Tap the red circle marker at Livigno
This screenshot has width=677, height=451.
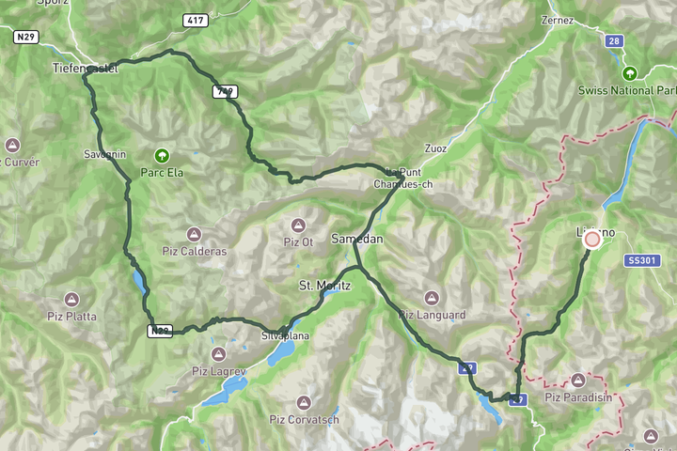592,239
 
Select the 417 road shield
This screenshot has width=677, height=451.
196,20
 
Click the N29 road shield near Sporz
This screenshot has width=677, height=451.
25,36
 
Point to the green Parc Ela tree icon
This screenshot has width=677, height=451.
163,155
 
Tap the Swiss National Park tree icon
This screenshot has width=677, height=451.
629,72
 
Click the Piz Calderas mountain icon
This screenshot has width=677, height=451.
194,233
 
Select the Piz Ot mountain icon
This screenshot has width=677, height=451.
298,225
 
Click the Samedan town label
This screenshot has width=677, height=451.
357,240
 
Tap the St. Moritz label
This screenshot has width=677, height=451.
324,285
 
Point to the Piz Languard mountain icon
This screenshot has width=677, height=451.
432,297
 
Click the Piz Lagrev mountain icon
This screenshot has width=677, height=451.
218,353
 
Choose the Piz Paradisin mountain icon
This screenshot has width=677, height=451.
578,380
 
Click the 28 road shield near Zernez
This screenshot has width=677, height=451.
613,41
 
